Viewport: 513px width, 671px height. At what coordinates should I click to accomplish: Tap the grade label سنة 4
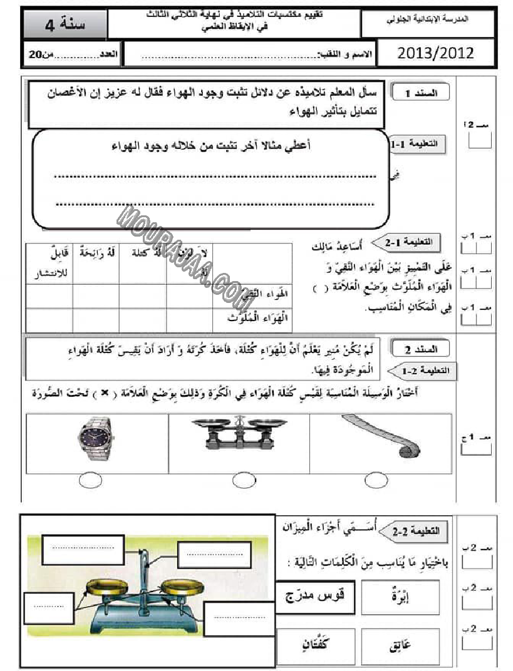click(x=66, y=25)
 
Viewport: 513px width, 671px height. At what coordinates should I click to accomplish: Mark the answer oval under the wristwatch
click(x=91, y=481)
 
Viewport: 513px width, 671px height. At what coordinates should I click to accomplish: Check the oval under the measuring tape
click(x=376, y=481)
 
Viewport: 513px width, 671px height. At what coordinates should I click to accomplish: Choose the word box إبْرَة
click(x=400, y=597)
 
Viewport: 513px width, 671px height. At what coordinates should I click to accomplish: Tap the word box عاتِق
click(x=400, y=645)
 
